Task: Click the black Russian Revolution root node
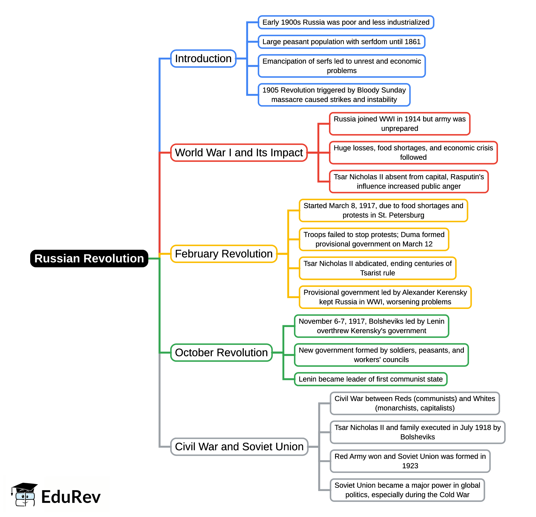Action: [x=89, y=258]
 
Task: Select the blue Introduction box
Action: [x=203, y=59]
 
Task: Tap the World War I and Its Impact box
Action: [x=239, y=153]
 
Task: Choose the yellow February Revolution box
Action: [x=224, y=254]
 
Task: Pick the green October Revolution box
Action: [x=221, y=353]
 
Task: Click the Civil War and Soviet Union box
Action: [x=239, y=447]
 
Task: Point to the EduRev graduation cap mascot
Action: [x=24, y=494]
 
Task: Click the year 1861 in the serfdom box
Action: [x=412, y=42]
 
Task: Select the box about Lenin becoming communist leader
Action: [x=371, y=379]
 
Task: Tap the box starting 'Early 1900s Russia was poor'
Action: [x=346, y=22]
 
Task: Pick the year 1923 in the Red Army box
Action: [x=410, y=466]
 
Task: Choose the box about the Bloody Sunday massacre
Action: [x=334, y=95]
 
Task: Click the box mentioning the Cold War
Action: [x=407, y=490]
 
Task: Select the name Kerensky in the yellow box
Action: [x=451, y=292]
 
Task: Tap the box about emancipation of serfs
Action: [x=342, y=66]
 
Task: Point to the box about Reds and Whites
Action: [x=415, y=403]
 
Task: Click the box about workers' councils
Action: [x=381, y=355]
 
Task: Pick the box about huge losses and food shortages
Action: [x=413, y=153]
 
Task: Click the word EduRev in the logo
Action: [x=71, y=497]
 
